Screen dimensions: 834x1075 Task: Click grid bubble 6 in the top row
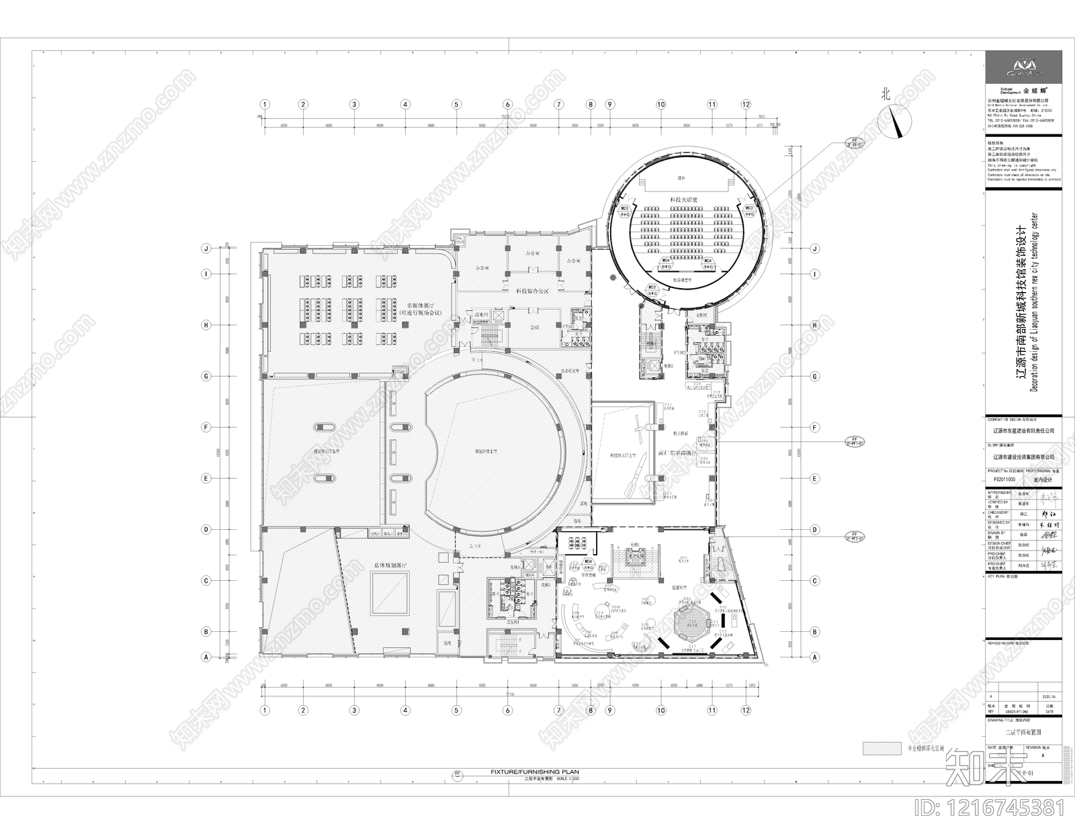click(507, 104)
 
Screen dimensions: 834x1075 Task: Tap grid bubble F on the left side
click(207, 427)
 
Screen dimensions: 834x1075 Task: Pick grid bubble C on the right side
click(814, 581)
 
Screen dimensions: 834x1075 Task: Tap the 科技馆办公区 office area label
click(532, 291)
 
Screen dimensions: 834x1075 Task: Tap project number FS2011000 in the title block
click(1004, 481)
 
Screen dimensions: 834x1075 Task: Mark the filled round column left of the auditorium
click(611, 277)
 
